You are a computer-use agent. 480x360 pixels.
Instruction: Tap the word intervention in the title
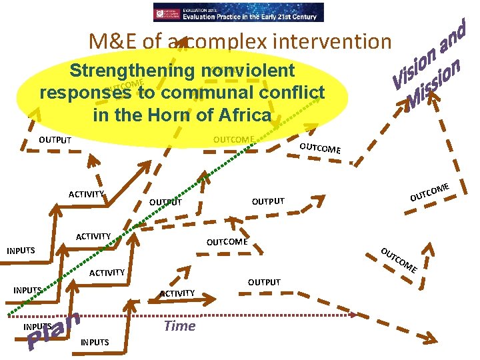point(331,42)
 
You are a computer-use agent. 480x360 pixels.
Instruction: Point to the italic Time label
point(180,325)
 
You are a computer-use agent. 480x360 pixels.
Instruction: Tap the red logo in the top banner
point(167,12)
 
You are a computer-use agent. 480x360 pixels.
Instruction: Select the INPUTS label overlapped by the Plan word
point(37,327)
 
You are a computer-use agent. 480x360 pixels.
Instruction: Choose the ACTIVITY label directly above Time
point(177,293)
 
